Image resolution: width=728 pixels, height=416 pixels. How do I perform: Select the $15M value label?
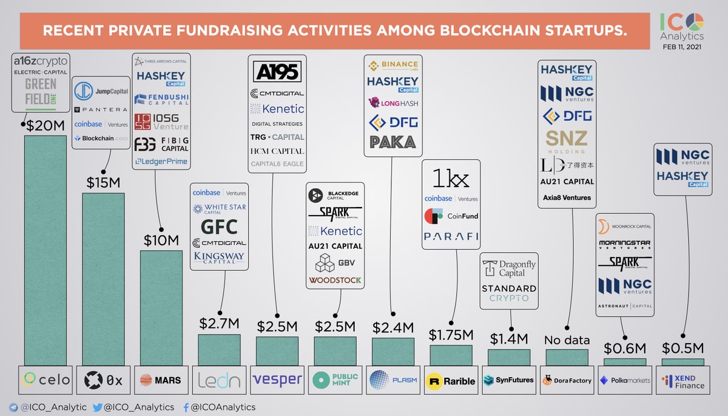(103, 182)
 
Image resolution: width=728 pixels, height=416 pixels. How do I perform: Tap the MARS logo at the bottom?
(161, 380)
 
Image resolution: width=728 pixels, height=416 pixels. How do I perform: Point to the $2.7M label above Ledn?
(219, 324)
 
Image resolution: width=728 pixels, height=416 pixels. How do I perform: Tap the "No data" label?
(567, 340)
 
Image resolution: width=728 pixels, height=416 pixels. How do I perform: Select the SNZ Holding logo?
(567, 141)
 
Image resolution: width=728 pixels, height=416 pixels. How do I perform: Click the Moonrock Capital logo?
(625, 227)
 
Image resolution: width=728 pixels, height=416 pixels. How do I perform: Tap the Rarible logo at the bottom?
(451, 381)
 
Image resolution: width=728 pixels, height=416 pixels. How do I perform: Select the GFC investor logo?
(218, 227)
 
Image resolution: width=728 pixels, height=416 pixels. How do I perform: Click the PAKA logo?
(392, 142)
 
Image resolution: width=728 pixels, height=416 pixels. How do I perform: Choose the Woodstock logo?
(335, 280)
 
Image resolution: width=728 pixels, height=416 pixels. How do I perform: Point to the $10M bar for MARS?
(161, 307)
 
